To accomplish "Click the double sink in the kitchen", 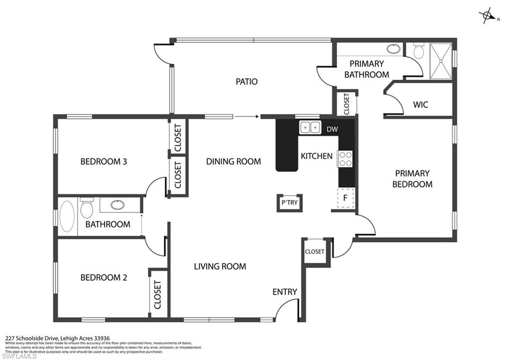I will [310, 127].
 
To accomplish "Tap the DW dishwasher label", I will [332, 129].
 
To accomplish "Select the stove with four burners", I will [345, 159].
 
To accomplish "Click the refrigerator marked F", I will [345, 197].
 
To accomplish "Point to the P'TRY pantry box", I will [289, 203].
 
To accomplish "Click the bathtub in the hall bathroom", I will [67, 217].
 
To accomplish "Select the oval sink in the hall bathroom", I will [118, 205].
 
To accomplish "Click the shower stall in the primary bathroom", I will [440, 61].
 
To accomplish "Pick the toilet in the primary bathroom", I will [418, 51].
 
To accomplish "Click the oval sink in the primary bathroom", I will [393, 49].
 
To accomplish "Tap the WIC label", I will [421, 105].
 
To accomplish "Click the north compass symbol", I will [487, 16].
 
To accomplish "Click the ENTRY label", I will [285, 292].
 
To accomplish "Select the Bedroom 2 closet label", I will [158, 294].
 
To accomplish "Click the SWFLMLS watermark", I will [16, 355].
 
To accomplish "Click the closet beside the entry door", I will [314, 252].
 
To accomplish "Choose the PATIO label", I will [247, 81].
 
